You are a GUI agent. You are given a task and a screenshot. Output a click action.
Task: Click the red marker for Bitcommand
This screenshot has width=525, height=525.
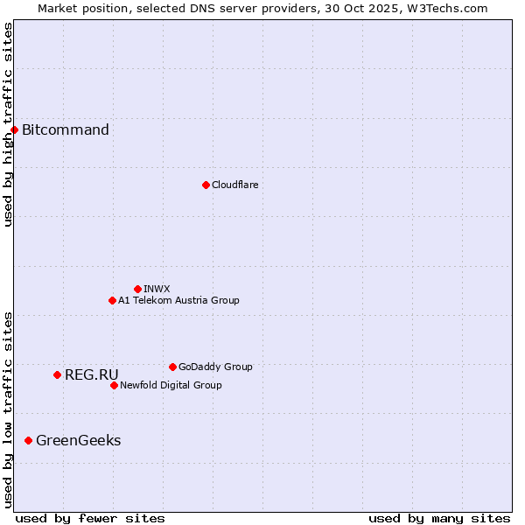click(x=14, y=130)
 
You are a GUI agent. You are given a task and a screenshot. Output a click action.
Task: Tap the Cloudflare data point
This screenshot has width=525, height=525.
click(x=206, y=185)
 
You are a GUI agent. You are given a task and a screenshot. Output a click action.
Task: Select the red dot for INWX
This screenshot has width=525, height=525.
click(x=137, y=289)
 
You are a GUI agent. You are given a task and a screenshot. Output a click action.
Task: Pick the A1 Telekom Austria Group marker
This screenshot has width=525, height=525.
click(x=112, y=300)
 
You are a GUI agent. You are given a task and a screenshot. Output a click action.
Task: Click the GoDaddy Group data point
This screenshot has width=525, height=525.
click(x=172, y=367)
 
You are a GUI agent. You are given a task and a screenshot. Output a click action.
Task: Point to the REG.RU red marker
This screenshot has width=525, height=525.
click(x=57, y=374)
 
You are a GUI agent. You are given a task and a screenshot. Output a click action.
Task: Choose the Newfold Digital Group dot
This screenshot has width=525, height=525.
click(x=114, y=385)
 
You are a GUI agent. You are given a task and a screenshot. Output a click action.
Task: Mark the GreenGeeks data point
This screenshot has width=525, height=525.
click(x=28, y=440)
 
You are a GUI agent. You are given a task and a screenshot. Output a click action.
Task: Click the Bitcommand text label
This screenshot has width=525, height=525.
click(x=66, y=130)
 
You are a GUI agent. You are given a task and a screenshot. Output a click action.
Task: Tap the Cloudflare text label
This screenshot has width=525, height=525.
click(x=234, y=185)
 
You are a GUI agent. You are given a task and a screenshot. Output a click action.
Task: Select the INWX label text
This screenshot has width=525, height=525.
click(x=157, y=289)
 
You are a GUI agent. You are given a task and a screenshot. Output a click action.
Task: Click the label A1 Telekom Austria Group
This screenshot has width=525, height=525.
click(x=178, y=300)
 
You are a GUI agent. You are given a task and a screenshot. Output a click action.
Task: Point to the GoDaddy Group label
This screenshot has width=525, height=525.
click(x=215, y=367)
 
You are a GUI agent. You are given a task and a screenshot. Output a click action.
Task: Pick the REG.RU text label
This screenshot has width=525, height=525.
click(x=91, y=374)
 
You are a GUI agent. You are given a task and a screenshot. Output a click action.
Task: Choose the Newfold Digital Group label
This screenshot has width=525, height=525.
click(x=171, y=385)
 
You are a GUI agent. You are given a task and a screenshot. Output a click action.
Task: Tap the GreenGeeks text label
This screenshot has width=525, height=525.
click(x=78, y=440)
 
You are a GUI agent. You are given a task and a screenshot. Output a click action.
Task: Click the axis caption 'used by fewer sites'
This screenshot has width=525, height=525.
click(x=90, y=518)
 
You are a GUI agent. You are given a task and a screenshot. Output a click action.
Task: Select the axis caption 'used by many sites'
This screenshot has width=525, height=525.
click(x=439, y=518)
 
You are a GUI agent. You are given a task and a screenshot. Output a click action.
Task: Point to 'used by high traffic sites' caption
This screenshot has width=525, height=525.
click(x=8, y=124)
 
